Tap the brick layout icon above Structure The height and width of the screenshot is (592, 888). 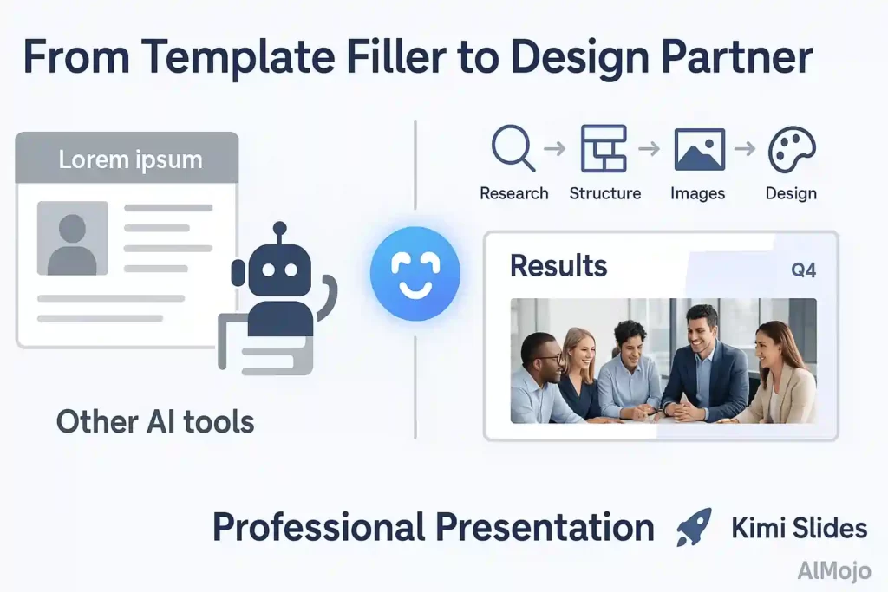604,148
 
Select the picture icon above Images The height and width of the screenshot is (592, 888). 699,149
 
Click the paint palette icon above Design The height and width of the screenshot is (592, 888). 791,150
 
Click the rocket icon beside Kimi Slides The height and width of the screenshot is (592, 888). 694,527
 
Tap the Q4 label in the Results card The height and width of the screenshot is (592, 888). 803,270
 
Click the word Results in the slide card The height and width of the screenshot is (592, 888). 558,265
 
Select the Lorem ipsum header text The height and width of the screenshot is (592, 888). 130,159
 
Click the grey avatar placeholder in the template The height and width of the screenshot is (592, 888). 72,237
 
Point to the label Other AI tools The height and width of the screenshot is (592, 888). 155,422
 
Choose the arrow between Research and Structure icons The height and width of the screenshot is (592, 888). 553,149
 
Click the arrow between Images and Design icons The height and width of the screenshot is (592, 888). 744,149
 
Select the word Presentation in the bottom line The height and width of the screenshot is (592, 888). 544,527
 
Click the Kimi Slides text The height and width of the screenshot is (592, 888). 799,528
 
